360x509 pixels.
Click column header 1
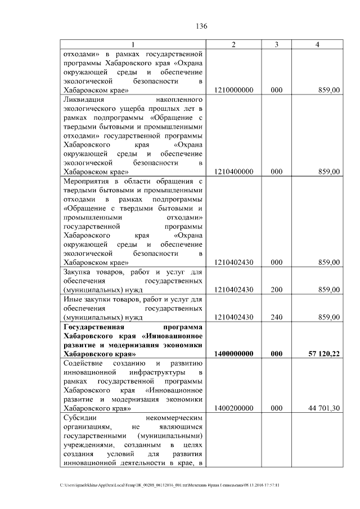133,44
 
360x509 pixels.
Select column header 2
233,44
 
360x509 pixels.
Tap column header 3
276,44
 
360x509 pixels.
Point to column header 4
318,44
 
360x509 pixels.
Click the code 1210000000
233,90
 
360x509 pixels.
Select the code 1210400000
233,172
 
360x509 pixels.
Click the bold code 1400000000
233,354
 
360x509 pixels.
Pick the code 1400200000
233,408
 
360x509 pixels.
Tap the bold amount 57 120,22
323,354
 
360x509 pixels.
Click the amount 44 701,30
323,408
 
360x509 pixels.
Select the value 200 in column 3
276,290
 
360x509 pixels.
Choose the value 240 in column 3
276,317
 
